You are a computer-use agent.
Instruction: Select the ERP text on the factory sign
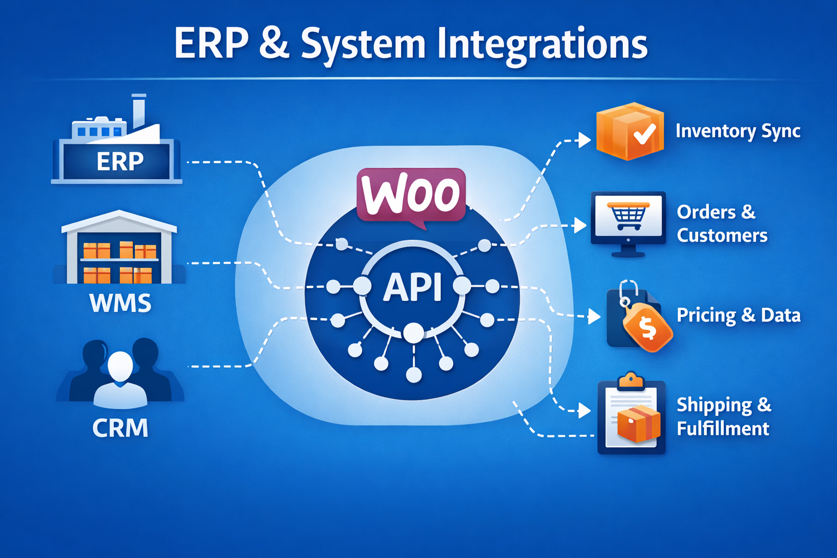coord(120,161)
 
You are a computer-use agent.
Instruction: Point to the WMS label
coord(120,303)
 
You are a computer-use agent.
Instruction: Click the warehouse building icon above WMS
coord(119,248)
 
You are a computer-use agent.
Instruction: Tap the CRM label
coord(120,428)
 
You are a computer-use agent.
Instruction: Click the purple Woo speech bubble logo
coord(411,195)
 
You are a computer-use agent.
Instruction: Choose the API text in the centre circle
coord(413,287)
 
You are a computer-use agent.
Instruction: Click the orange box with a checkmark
coord(630,131)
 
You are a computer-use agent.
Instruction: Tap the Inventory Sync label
coord(738,131)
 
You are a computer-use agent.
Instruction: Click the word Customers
coord(722,235)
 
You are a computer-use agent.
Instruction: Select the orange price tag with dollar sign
coord(647,327)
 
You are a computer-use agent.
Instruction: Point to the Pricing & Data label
coord(738,315)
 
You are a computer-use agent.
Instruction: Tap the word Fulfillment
coord(723,429)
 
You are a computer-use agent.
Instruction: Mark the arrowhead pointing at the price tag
coord(595,316)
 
